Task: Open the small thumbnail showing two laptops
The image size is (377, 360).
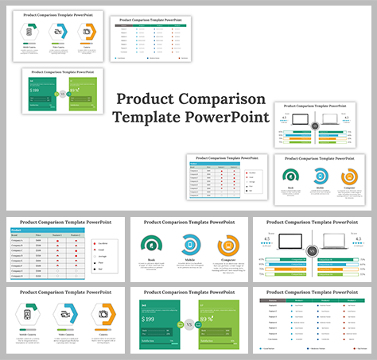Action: click(x=316, y=126)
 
